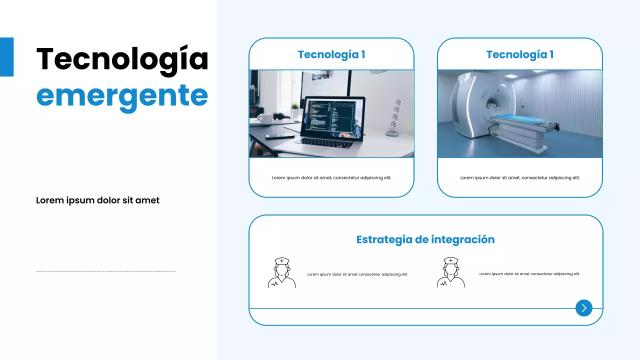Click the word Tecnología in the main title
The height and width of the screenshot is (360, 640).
(122, 59)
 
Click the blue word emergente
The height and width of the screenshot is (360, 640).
(122, 95)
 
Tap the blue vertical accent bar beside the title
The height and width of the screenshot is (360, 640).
(6, 57)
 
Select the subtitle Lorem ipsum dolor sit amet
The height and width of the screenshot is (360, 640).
(97, 200)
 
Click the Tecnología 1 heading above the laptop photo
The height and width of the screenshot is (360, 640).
(331, 54)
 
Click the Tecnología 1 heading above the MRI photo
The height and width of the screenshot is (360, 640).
(519, 54)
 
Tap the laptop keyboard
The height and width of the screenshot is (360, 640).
(320, 142)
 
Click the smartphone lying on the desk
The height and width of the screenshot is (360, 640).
(279, 136)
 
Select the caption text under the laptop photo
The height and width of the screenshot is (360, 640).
(331, 177)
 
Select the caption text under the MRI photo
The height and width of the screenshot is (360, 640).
(520, 177)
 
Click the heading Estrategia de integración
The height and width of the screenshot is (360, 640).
(425, 239)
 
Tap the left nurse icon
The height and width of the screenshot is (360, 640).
(281, 272)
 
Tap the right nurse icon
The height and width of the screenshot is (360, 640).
(450, 272)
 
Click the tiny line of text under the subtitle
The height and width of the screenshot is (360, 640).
(106, 271)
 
